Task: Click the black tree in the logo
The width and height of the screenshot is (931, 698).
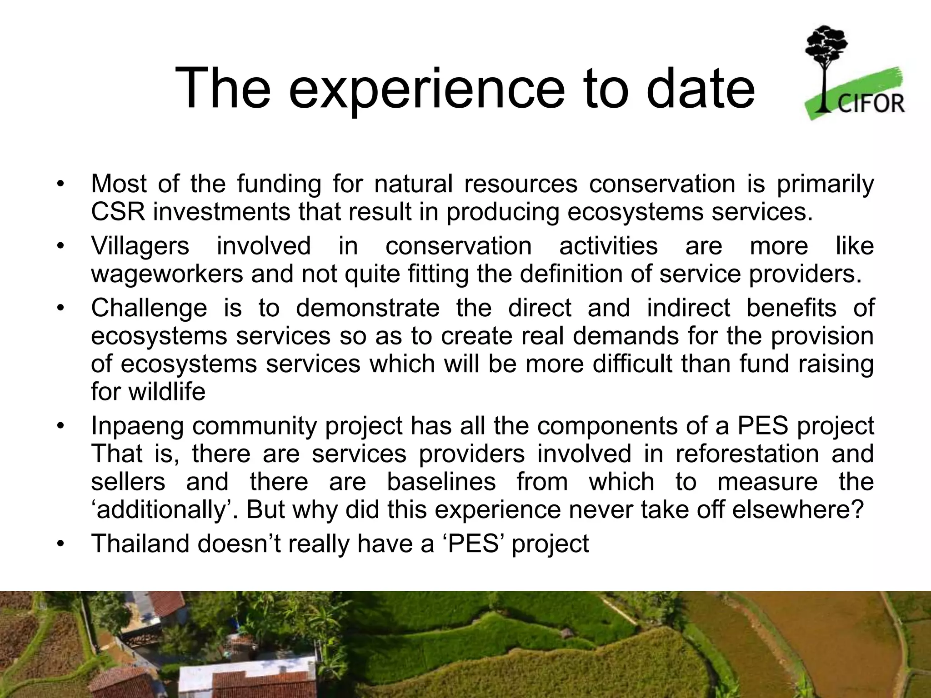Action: click(x=826, y=59)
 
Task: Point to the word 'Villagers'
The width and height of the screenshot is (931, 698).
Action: click(x=140, y=246)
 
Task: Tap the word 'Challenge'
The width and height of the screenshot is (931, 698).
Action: click(x=149, y=308)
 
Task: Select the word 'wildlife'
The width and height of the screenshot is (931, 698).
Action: click(x=166, y=391)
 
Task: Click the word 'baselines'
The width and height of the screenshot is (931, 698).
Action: click(x=440, y=482)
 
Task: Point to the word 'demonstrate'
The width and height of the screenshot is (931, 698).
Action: click(x=367, y=308)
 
